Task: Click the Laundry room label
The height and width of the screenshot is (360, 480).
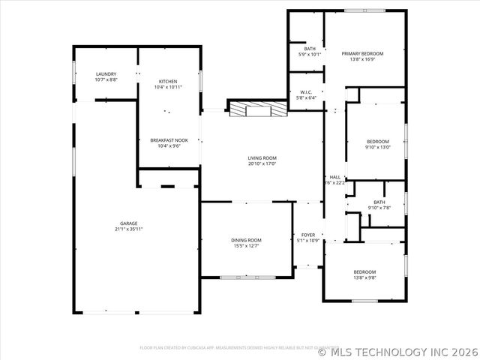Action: pos(106,73)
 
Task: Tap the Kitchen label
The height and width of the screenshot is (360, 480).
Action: pos(167,81)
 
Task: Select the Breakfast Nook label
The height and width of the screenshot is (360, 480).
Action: pos(167,140)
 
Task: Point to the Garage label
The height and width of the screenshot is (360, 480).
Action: pos(128,223)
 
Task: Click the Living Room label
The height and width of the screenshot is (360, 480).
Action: pos(262,157)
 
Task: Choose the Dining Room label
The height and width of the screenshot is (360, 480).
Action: pos(245,239)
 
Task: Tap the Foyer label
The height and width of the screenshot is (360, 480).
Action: pos(308,235)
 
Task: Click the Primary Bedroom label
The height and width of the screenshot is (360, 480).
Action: pos(362,53)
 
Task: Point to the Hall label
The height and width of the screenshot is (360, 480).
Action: pos(334,177)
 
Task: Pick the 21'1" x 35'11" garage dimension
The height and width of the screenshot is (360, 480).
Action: pos(128,229)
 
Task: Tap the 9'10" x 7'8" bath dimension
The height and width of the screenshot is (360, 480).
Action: pos(379,208)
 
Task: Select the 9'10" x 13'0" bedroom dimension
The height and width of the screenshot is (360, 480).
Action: pos(377,147)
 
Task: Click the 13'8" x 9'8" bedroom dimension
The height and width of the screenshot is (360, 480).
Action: pos(364,277)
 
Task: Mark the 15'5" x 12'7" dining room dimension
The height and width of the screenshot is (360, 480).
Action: pos(245,244)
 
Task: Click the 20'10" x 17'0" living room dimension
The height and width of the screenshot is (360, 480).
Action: pos(262,163)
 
